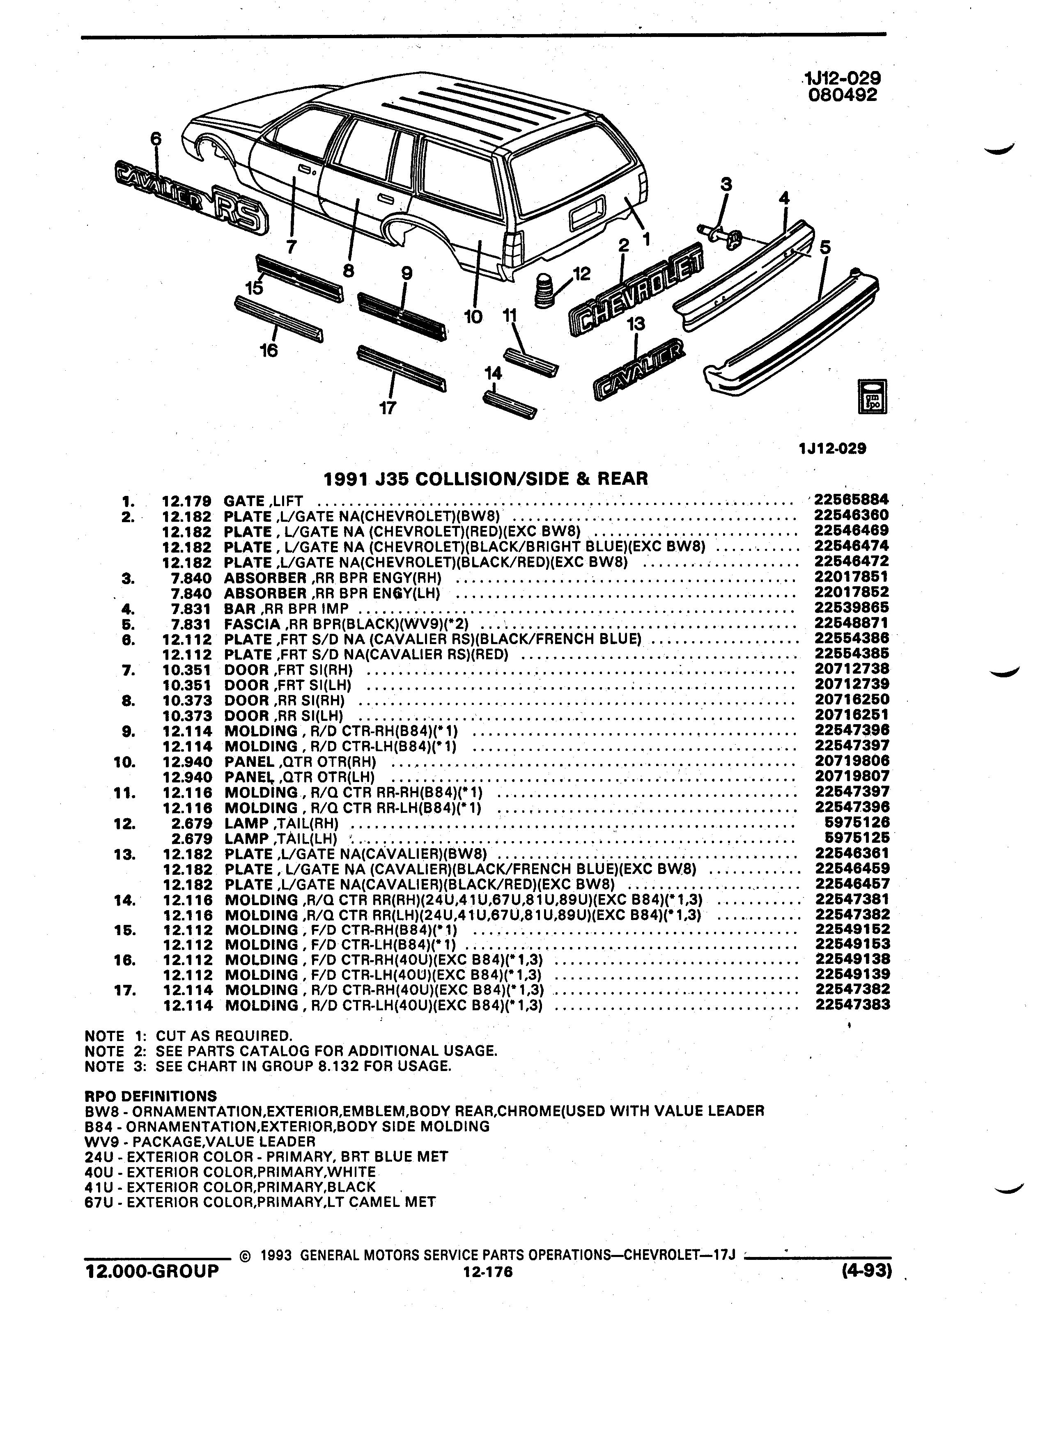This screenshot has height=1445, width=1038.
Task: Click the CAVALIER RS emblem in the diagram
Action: pos(192,197)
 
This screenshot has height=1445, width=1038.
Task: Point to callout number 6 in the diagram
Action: pos(156,138)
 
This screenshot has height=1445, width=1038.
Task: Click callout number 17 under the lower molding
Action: pos(388,408)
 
